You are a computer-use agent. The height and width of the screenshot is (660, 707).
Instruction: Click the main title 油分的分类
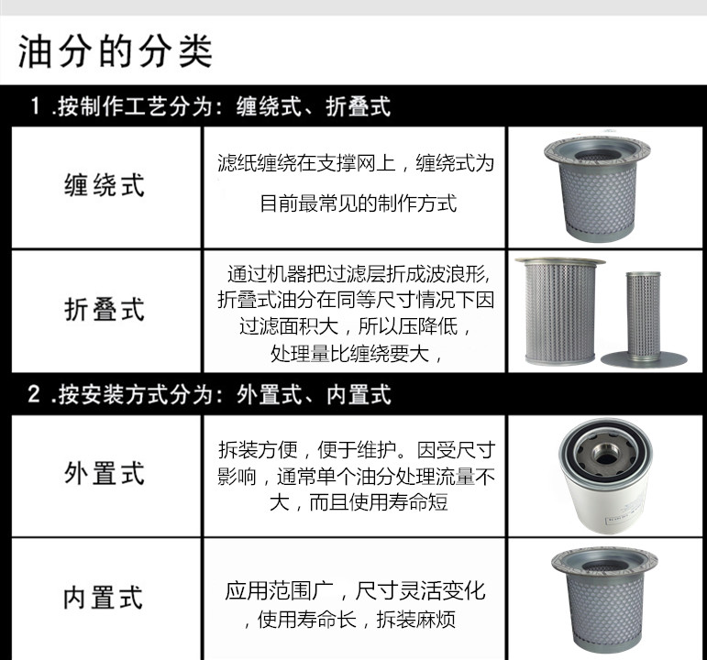pyautogui.click(x=116, y=50)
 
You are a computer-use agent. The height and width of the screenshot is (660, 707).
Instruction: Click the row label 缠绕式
pyautogui.click(x=105, y=185)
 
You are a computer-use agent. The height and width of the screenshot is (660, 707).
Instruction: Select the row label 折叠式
pyautogui.click(x=105, y=309)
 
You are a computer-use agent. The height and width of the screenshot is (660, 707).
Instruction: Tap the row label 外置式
pyautogui.click(x=105, y=473)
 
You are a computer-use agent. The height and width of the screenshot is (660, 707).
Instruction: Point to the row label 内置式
pyautogui.click(x=104, y=598)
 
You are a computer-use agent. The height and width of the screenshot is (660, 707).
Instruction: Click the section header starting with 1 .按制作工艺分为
pyautogui.click(x=211, y=107)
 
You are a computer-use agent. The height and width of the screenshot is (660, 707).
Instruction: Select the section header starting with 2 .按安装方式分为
pyautogui.click(x=210, y=394)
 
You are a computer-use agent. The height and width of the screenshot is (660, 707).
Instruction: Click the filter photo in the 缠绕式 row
pyautogui.click(x=597, y=188)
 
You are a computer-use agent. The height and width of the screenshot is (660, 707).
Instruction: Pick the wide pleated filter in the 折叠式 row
pyautogui.click(x=560, y=311)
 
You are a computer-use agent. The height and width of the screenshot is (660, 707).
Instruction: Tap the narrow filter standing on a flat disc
pyautogui.click(x=644, y=319)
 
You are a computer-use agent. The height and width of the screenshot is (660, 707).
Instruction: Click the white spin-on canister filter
pyautogui.click(x=605, y=476)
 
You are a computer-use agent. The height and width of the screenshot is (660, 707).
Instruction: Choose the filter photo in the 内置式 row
pyautogui.click(x=604, y=600)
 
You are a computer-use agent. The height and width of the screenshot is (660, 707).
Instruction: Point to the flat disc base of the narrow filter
pyautogui.click(x=644, y=358)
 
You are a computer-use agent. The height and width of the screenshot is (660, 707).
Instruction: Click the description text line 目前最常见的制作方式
pyautogui.click(x=359, y=203)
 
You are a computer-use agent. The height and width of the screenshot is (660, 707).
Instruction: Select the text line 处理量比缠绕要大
pyautogui.click(x=355, y=354)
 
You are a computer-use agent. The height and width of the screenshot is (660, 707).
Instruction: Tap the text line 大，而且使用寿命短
pyautogui.click(x=359, y=502)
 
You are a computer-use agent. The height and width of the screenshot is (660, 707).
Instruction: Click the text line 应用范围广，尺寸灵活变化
pyautogui.click(x=355, y=590)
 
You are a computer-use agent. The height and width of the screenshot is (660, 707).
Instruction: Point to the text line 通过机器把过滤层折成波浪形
pyautogui.click(x=359, y=274)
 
